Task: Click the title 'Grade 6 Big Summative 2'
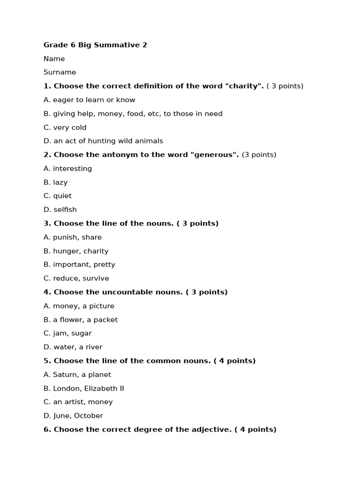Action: point(95,45)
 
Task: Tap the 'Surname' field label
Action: point(60,72)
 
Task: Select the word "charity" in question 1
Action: point(246,86)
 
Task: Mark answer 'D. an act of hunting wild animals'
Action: point(103,141)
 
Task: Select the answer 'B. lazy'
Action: point(55,182)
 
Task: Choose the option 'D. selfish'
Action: point(60,210)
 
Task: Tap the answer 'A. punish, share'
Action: point(73,237)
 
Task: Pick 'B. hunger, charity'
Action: point(76,251)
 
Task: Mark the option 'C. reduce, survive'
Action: point(76,278)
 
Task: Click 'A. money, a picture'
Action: point(79,306)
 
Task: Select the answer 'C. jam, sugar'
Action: point(67,333)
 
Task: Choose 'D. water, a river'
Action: point(73,347)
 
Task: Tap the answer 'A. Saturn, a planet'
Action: point(77,375)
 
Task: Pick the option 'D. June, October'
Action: point(73,416)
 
